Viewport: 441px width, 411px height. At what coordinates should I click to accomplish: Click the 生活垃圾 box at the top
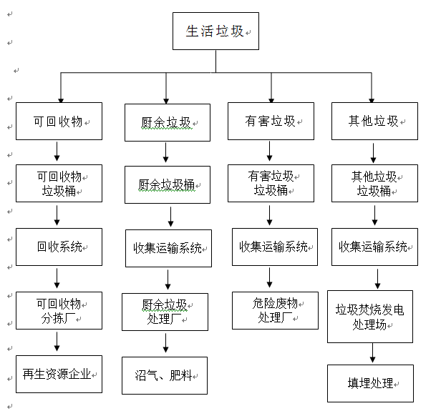(215, 32)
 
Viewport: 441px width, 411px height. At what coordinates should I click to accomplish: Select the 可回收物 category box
(59, 122)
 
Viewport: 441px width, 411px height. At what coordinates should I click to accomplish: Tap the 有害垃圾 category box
(271, 122)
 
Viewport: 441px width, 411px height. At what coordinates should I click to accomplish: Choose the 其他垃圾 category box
(374, 122)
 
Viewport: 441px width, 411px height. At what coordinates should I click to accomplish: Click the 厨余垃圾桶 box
(168, 184)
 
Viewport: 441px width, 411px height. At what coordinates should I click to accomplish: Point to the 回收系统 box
(59, 247)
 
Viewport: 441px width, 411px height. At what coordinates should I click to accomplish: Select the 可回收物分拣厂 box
(59, 311)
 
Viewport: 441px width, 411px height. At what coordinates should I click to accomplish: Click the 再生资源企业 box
(59, 374)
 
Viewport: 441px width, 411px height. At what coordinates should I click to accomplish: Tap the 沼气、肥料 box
(164, 375)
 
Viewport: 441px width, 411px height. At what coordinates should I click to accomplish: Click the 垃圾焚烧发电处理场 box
(370, 316)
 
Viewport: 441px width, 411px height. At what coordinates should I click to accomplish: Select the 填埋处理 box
(370, 383)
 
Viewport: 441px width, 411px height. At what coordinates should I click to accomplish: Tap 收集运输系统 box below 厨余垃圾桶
(168, 248)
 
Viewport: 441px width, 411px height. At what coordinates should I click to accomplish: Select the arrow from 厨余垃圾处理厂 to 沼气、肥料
(165, 344)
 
